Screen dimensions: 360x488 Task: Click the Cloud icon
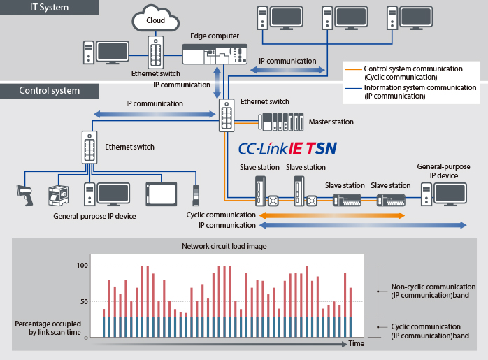155,20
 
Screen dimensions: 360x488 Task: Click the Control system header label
49,91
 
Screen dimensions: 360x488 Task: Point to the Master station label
331,122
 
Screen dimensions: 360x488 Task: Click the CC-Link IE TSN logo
287,148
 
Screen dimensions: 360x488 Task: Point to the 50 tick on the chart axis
84,302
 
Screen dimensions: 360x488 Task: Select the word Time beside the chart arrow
357,344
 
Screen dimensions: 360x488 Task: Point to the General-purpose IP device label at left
94,217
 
